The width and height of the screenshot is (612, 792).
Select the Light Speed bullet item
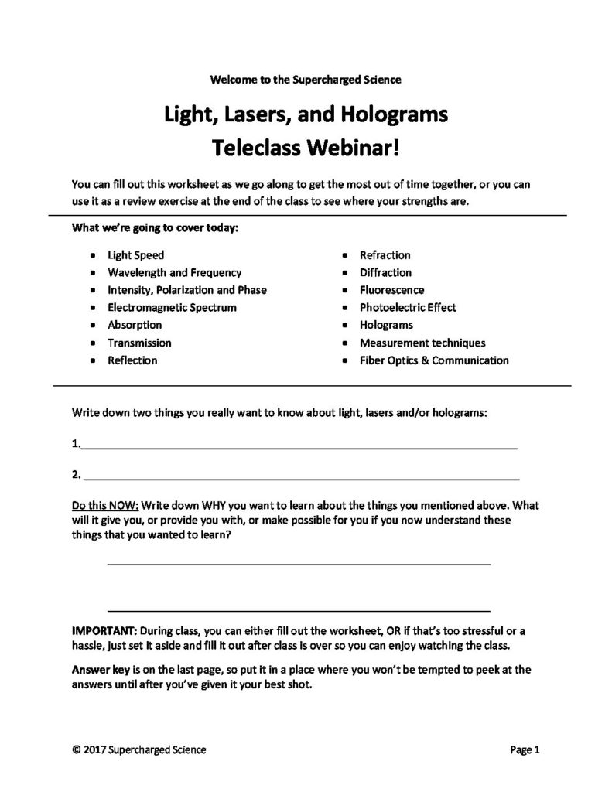(x=135, y=254)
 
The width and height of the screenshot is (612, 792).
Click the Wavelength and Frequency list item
(x=174, y=272)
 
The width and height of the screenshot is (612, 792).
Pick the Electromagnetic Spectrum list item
(x=172, y=307)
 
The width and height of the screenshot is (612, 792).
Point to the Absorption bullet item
(x=135, y=325)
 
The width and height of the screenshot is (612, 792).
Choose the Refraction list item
(x=385, y=254)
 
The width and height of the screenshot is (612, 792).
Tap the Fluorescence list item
(x=391, y=290)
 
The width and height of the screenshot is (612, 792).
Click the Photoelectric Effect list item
(x=408, y=307)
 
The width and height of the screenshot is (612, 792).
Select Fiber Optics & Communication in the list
(x=434, y=360)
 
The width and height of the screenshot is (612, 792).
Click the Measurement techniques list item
(x=422, y=343)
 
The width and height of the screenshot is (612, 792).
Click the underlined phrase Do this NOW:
(x=104, y=504)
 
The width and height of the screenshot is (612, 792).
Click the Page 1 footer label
(x=524, y=749)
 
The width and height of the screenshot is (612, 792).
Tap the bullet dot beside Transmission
(x=94, y=343)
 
